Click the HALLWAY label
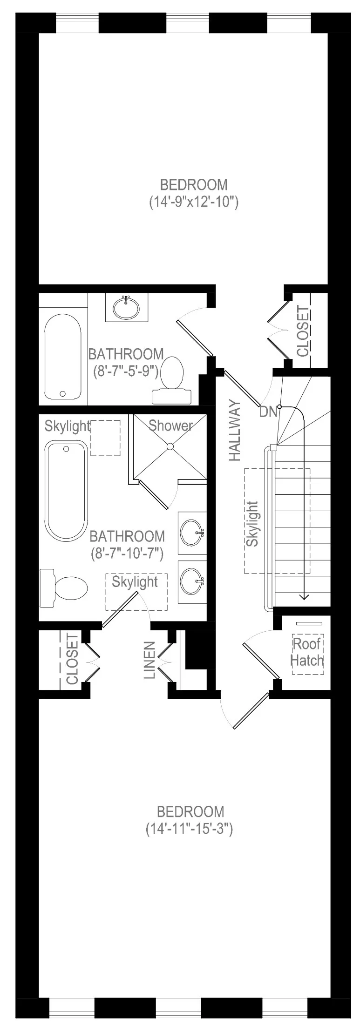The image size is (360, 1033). (x=235, y=431)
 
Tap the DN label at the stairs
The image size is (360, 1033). (x=268, y=412)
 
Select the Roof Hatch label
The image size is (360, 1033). (x=307, y=652)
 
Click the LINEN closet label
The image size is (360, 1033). (x=149, y=660)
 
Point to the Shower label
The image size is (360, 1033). (x=170, y=425)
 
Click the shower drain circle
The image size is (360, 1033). (x=170, y=446)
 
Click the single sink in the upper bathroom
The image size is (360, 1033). (x=126, y=307)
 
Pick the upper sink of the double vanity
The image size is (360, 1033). (x=192, y=533)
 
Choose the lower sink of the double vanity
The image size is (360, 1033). (x=192, y=581)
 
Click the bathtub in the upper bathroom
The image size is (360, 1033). (x=62, y=356)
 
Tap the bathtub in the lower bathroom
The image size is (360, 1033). (x=66, y=492)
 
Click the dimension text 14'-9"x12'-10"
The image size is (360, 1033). (x=194, y=203)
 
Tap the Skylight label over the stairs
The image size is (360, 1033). (x=252, y=524)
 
